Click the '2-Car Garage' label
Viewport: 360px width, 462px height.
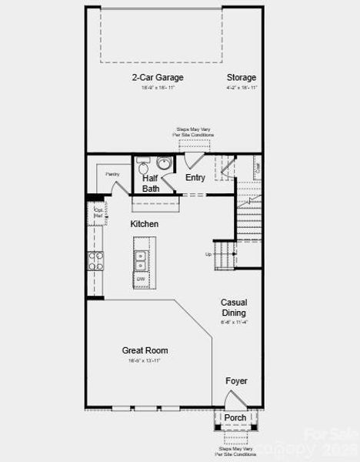click(157, 77)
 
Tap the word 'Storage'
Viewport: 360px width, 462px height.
click(241, 77)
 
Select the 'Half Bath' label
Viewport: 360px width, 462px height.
click(151, 183)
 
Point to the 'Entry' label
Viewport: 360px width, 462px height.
click(195, 178)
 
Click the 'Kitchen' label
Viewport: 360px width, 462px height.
click(144, 224)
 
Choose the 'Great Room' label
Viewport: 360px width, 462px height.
click(145, 350)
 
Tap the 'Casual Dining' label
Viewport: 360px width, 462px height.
click(233, 308)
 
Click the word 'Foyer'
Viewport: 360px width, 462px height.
click(236, 381)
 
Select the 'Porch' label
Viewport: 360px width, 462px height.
click(235, 417)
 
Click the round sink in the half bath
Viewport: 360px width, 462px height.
click(164, 162)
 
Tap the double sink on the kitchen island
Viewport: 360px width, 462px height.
click(142, 260)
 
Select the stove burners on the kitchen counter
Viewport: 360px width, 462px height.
click(95, 261)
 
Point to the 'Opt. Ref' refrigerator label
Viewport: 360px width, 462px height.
click(98, 213)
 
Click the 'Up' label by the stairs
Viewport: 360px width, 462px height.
click(208, 254)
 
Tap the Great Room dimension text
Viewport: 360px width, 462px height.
click(145, 360)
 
